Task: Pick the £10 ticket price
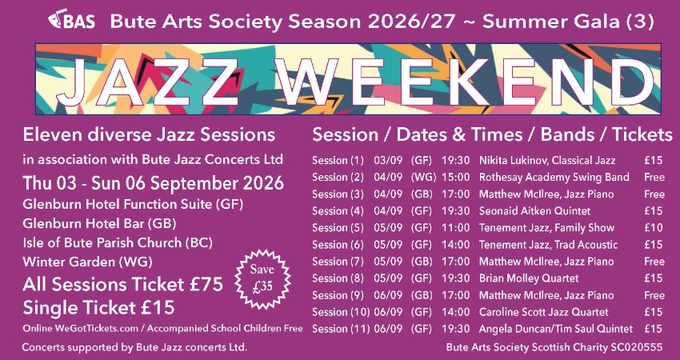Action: click(653, 228)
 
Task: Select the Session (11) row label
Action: click(340, 329)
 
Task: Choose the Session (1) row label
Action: click(338, 161)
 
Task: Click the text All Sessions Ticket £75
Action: click(122, 284)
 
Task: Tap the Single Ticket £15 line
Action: click(99, 307)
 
